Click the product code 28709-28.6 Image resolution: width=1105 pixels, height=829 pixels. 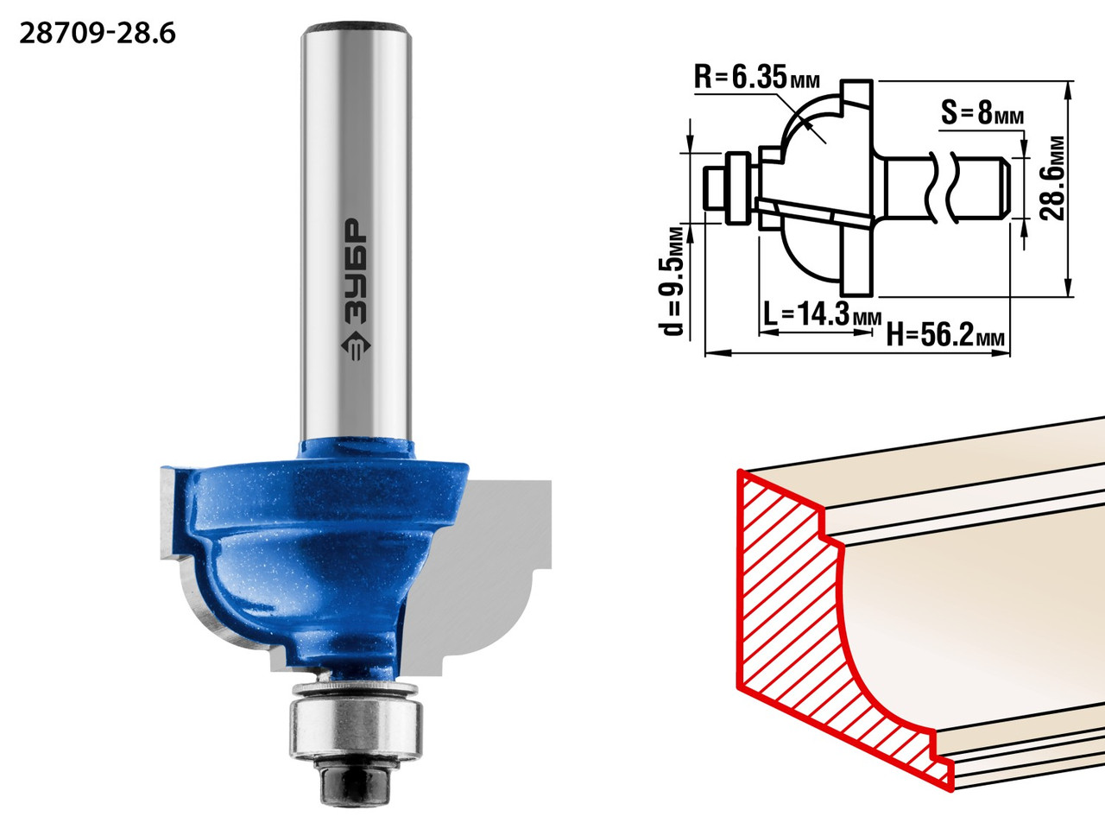tap(98, 35)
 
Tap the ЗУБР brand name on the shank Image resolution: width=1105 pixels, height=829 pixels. tap(357, 271)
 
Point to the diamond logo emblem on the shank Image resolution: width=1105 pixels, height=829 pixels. tap(356, 345)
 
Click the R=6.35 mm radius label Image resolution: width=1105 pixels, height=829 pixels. tap(757, 78)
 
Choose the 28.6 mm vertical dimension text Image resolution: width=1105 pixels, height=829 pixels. tap(1053, 178)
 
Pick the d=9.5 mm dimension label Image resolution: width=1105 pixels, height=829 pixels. tap(672, 282)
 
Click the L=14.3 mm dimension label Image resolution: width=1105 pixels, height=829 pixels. tap(822, 314)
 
